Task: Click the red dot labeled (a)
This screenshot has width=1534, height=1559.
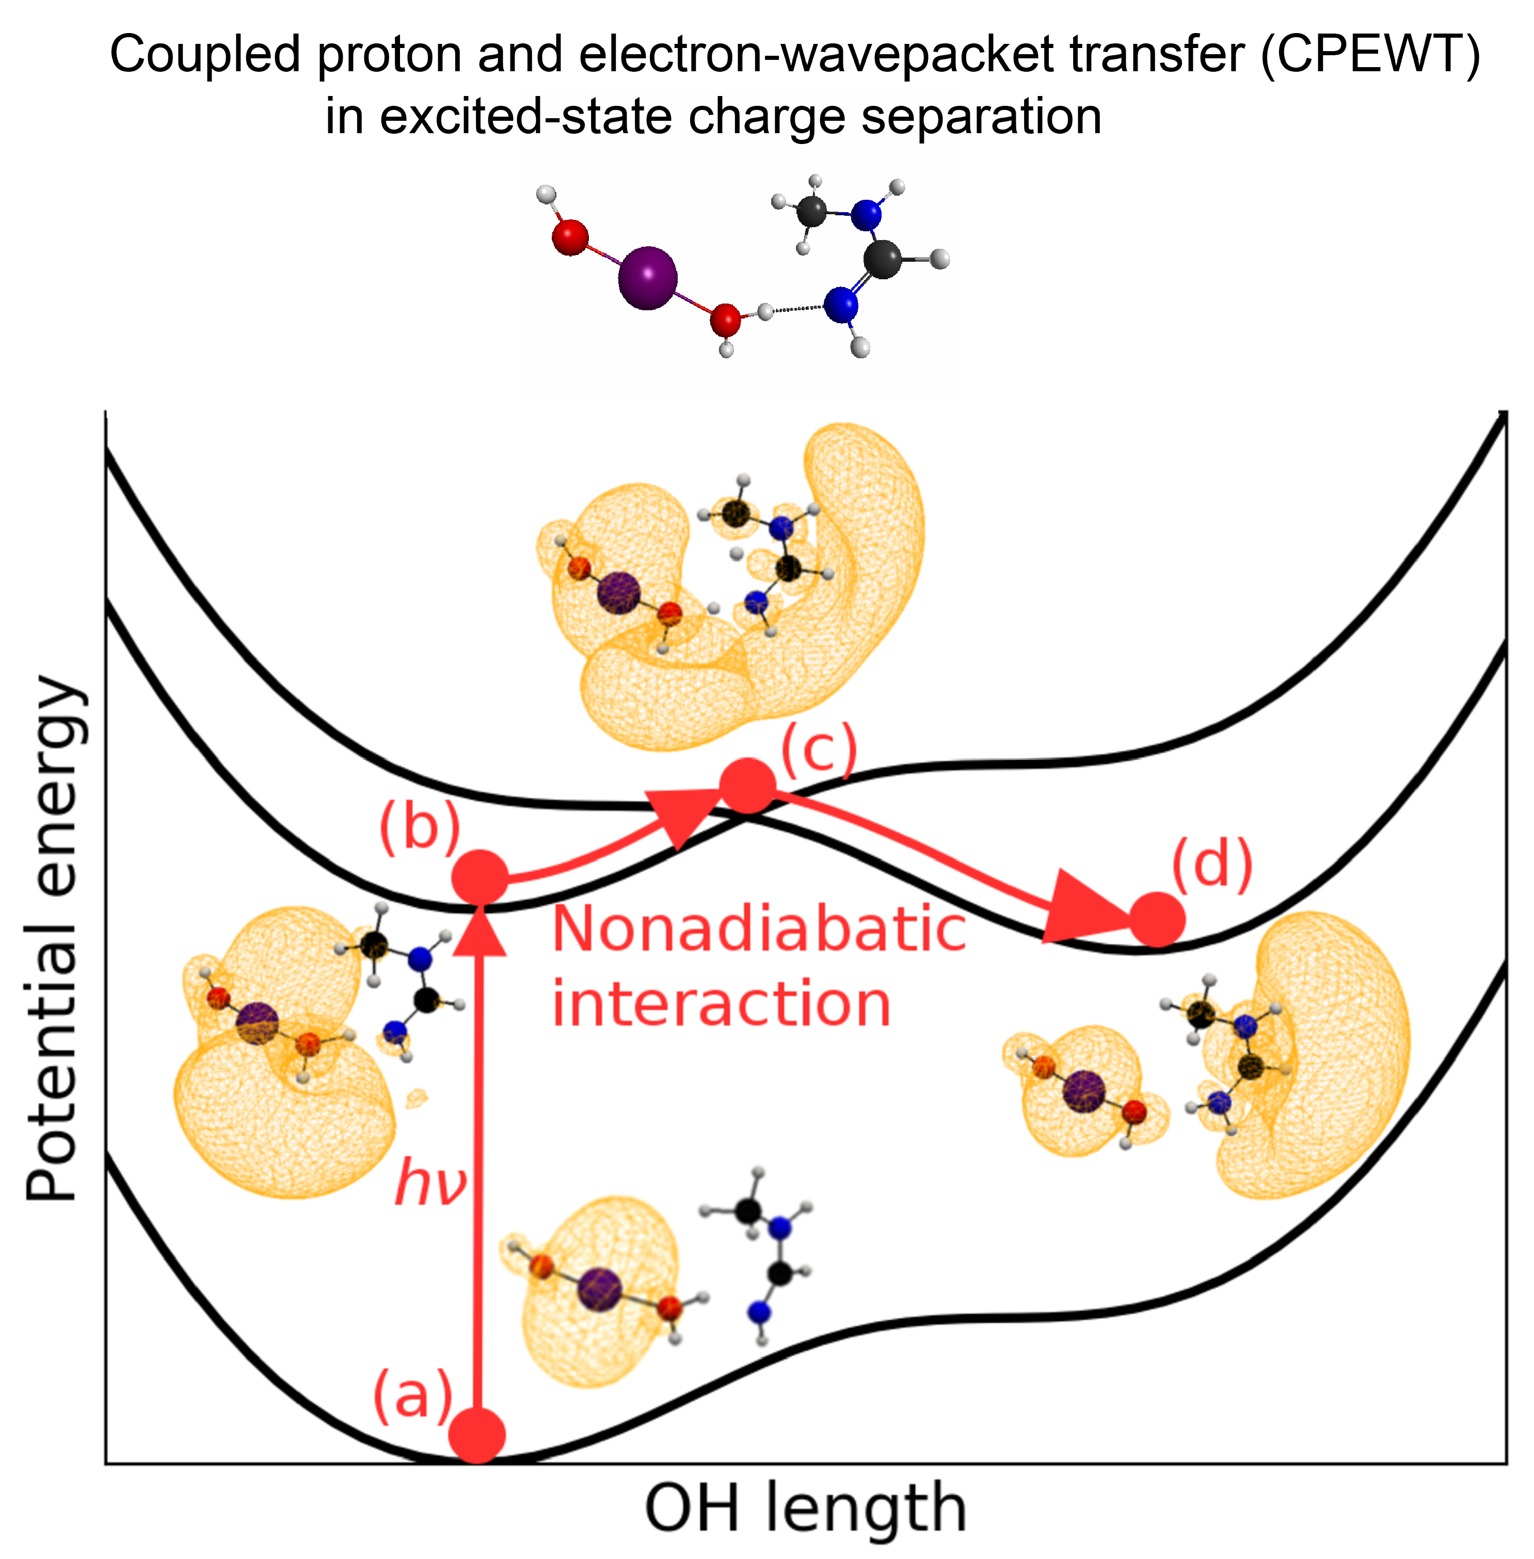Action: click(477, 1435)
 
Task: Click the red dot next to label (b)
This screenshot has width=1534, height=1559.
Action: click(480, 878)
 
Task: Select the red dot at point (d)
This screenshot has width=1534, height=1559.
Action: click(1157, 919)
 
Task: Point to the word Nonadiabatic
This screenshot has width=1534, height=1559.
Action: click(759, 929)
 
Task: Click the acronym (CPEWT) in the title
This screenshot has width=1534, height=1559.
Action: click(1370, 55)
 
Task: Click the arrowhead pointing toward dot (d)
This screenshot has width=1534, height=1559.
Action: click(1080, 908)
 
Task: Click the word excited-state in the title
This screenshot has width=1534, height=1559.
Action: click(526, 116)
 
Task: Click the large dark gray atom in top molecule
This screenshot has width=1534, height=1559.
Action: click(883, 260)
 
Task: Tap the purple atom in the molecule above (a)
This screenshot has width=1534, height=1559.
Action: click(599, 1289)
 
